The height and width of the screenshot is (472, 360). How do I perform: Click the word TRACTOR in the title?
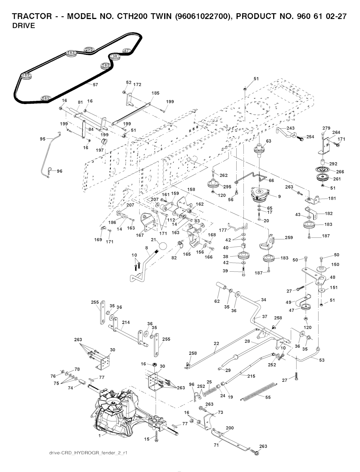[x=32, y=17]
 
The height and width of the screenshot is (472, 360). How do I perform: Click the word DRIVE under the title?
[x=24, y=26]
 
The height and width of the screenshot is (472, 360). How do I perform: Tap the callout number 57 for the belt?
[x=95, y=85]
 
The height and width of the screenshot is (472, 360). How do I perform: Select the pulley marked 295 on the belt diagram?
[x=89, y=50]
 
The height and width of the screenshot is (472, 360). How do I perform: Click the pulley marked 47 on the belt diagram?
[x=127, y=51]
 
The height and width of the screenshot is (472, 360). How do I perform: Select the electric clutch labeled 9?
[x=260, y=195]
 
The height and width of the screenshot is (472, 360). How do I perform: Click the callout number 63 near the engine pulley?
[x=269, y=141]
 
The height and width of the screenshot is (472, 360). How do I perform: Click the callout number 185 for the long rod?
[x=155, y=93]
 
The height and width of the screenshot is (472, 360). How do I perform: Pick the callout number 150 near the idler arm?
[x=335, y=265]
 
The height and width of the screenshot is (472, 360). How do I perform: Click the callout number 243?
[x=290, y=128]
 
